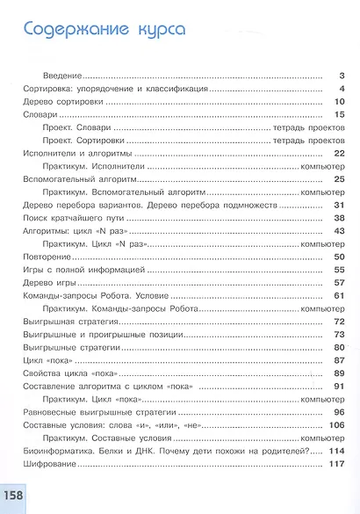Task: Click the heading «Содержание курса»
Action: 104,29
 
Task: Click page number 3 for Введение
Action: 341,76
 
